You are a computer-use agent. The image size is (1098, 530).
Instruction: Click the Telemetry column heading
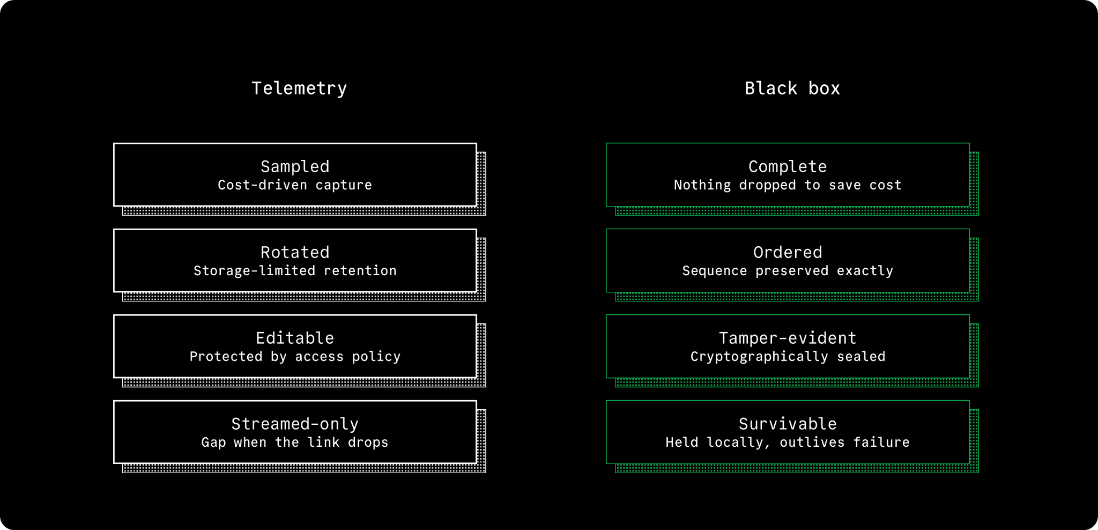click(299, 89)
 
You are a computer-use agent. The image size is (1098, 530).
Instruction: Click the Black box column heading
click(792, 89)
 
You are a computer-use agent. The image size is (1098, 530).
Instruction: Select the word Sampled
click(295, 167)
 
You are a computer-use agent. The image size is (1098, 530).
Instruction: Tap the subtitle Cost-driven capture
click(295, 185)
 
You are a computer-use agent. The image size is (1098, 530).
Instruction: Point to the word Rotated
click(295, 252)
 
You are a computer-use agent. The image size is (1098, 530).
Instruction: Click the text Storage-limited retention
click(295, 271)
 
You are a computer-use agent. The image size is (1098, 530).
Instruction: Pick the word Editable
click(295, 338)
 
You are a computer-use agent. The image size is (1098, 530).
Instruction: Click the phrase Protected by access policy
click(295, 357)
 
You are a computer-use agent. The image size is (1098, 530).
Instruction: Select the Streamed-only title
click(295, 424)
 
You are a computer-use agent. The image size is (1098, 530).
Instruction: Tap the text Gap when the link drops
click(295, 443)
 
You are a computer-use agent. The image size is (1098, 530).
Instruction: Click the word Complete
click(788, 167)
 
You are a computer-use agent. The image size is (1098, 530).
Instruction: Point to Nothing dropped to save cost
click(788, 185)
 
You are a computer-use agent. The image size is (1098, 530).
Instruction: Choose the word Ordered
click(788, 252)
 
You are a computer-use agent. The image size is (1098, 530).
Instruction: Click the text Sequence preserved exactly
click(788, 271)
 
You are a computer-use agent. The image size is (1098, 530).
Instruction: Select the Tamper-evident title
click(788, 338)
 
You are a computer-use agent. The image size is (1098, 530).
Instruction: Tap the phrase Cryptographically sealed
click(788, 357)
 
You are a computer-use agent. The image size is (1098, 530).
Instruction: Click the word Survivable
click(788, 424)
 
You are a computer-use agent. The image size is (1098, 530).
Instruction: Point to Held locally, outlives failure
click(788, 443)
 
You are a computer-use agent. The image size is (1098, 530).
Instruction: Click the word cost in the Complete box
click(885, 185)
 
